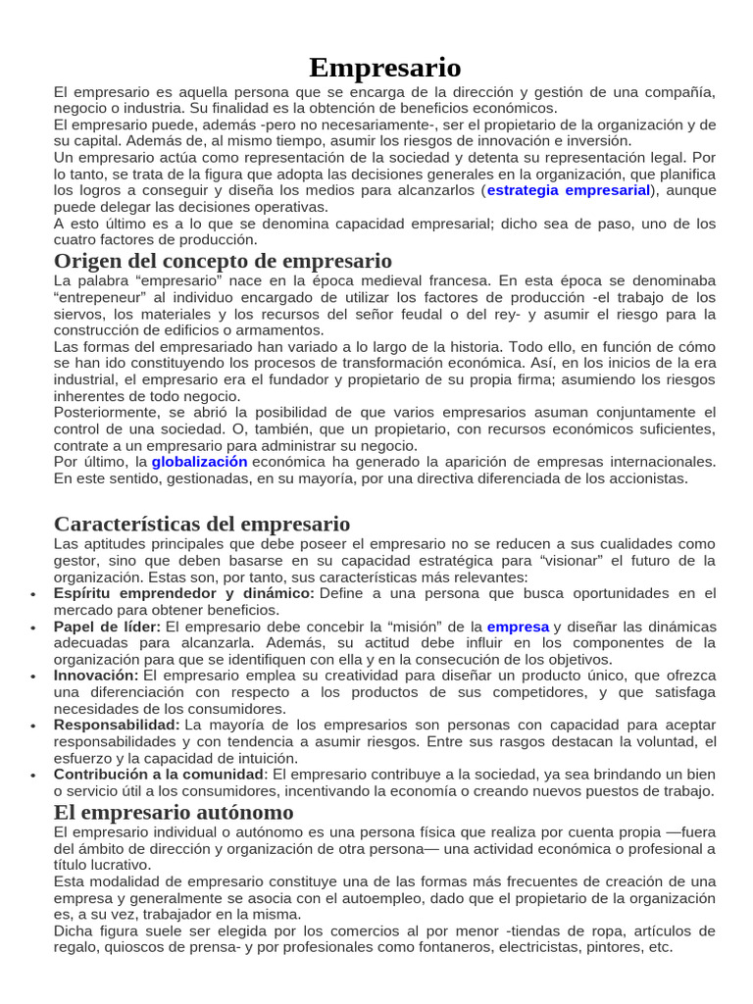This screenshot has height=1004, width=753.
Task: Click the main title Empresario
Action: point(384,68)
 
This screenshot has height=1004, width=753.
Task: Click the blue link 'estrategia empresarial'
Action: point(569,190)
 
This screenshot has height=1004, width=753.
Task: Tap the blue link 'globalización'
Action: point(199,461)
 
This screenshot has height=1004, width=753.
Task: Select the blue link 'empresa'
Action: point(518,626)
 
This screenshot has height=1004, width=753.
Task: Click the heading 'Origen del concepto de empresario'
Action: point(223,261)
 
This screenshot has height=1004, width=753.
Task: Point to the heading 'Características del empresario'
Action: point(202,524)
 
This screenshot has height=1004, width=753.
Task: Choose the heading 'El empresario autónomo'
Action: point(174,813)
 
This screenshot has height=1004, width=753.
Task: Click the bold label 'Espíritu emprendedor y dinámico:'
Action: point(184,593)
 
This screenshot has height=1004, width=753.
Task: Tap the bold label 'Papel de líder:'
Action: point(108,626)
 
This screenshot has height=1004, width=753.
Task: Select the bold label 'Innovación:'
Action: point(96,676)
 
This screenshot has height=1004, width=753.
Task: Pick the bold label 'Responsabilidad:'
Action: point(117,725)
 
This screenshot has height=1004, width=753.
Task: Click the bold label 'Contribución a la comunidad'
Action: point(159,775)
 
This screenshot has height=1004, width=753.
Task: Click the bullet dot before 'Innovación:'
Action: point(34,678)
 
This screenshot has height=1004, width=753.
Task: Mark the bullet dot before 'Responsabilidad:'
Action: point(34,727)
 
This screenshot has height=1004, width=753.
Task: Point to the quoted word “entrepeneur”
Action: point(103,297)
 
